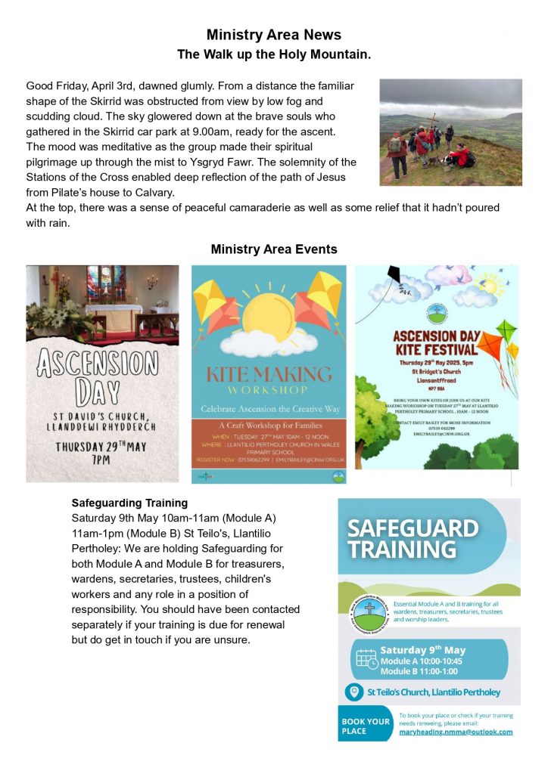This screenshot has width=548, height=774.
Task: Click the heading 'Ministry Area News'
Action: [x=274, y=35]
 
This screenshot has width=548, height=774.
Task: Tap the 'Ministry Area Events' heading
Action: [x=274, y=249]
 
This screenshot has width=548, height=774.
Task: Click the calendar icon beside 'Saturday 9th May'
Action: [x=366, y=659]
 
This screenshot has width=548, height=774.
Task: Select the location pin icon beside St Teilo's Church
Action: [x=353, y=692]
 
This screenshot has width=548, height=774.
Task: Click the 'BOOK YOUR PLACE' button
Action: [x=366, y=726]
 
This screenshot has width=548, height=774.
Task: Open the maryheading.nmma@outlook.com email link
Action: [x=456, y=732]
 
